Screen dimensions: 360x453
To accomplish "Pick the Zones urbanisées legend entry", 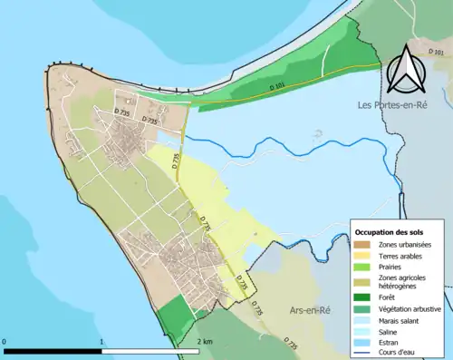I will click(404, 245).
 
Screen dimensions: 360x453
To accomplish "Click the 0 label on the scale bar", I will click(6, 341).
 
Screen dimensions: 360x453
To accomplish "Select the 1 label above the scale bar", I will click(101, 341).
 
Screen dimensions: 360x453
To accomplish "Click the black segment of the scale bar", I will click(53, 350).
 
